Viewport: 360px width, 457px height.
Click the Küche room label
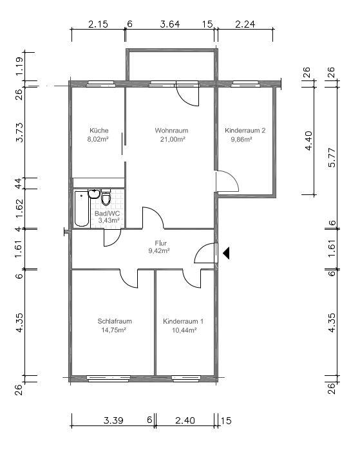pos(99,130)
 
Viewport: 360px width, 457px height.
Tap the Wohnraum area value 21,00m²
pos(173,139)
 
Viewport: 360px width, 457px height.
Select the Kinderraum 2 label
pos(245,130)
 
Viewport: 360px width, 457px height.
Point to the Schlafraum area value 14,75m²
pos(113,330)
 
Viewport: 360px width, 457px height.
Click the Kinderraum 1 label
pos(183,321)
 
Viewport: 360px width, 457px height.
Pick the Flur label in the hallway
pos(160,243)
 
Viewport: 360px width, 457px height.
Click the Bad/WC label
pos(107,213)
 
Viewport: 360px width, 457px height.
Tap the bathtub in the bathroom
pos(81,209)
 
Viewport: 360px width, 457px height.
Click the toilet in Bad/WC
pos(106,198)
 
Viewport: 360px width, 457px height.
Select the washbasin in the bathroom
pos(94,193)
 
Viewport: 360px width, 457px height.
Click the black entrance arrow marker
pos(226,253)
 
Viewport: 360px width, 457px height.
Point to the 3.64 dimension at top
pos(169,24)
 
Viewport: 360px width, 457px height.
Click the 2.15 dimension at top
pos(98,24)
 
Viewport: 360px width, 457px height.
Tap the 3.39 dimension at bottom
pos(113,420)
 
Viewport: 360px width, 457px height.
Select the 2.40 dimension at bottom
pos(185,420)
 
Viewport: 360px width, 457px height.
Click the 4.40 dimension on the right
pos(308,140)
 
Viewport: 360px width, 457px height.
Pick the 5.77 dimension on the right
pos(332,158)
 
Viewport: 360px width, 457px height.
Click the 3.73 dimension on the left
pos(19,133)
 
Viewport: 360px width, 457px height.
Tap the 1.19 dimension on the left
pos(19,66)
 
